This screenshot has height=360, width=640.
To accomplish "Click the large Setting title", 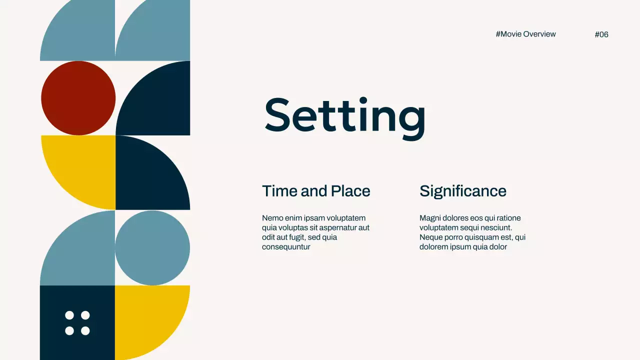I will [x=345, y=116].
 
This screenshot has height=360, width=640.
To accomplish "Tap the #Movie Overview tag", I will [x=525, y=34].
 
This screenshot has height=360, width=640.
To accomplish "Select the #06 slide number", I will [x=601, y=34].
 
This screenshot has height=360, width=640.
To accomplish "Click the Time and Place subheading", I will [x=316, y=191].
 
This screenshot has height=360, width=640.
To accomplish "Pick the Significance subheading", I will [x=462, y=191].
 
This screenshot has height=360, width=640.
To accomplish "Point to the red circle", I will [x=78, y=98].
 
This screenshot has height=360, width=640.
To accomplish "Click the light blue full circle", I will [x=152, y=247].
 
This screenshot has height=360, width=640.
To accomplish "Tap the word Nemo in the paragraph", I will [x=271, y=218].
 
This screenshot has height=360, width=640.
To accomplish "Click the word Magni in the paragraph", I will [x=429, y=218].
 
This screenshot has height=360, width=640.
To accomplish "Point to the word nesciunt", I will [x=495, y=227].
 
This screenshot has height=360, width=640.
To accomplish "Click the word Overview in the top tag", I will [x=539, y=34].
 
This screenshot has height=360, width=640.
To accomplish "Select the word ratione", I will [x=507, y=218].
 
